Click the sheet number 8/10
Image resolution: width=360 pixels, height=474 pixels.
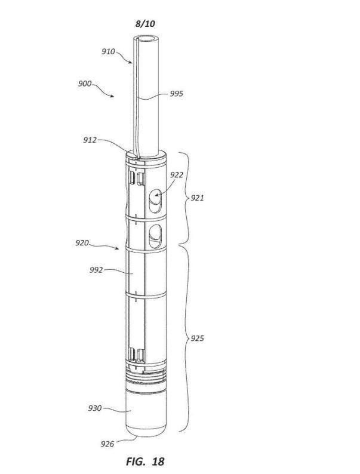click(x=146, y=23)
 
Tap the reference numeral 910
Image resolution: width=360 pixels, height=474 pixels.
click(x=108, y=51)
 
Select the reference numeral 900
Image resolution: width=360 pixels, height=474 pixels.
click(x=85, y=84)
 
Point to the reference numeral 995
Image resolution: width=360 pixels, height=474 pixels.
click(x=176, y=93)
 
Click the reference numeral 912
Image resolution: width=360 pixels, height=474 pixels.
click(x=90, y=140)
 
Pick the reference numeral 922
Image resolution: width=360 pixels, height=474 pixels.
click(x=177, y=175)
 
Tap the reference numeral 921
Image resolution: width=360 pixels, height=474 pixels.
click(x=197, y=198)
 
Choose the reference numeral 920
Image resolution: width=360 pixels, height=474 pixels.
click(x=82, y=243)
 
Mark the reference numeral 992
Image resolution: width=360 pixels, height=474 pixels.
click(x=96, y=270)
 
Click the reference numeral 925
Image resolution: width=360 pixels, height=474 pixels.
click(x=197, y=338)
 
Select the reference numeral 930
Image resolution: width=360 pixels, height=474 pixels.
click(x=95, y=408)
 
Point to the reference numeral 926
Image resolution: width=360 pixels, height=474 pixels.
click(x=107, y=444)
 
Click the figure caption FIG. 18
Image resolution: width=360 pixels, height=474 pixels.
click(x=145, y=461)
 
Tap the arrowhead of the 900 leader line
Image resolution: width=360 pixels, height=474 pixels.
click(x=112, y=96)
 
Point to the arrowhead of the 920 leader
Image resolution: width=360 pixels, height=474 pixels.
click(x=117, y=248)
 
